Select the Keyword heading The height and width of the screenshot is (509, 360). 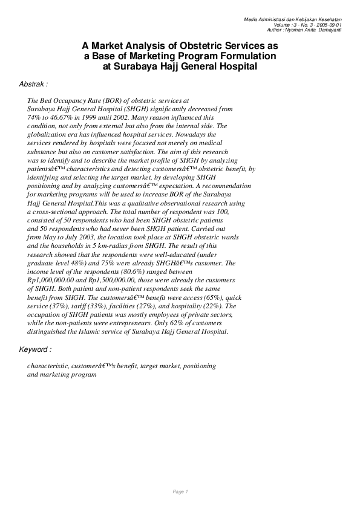[x=35, y=349]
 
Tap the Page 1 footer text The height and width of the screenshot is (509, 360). [x=181, y=491]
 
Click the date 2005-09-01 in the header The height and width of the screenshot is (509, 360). [x=329, y=24]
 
